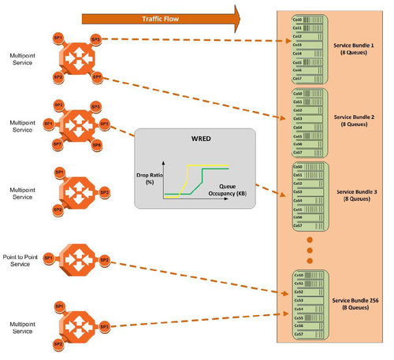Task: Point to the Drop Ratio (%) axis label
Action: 150,176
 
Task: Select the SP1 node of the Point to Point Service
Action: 48,258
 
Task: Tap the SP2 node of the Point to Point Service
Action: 104,258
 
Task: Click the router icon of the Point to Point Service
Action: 76,258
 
